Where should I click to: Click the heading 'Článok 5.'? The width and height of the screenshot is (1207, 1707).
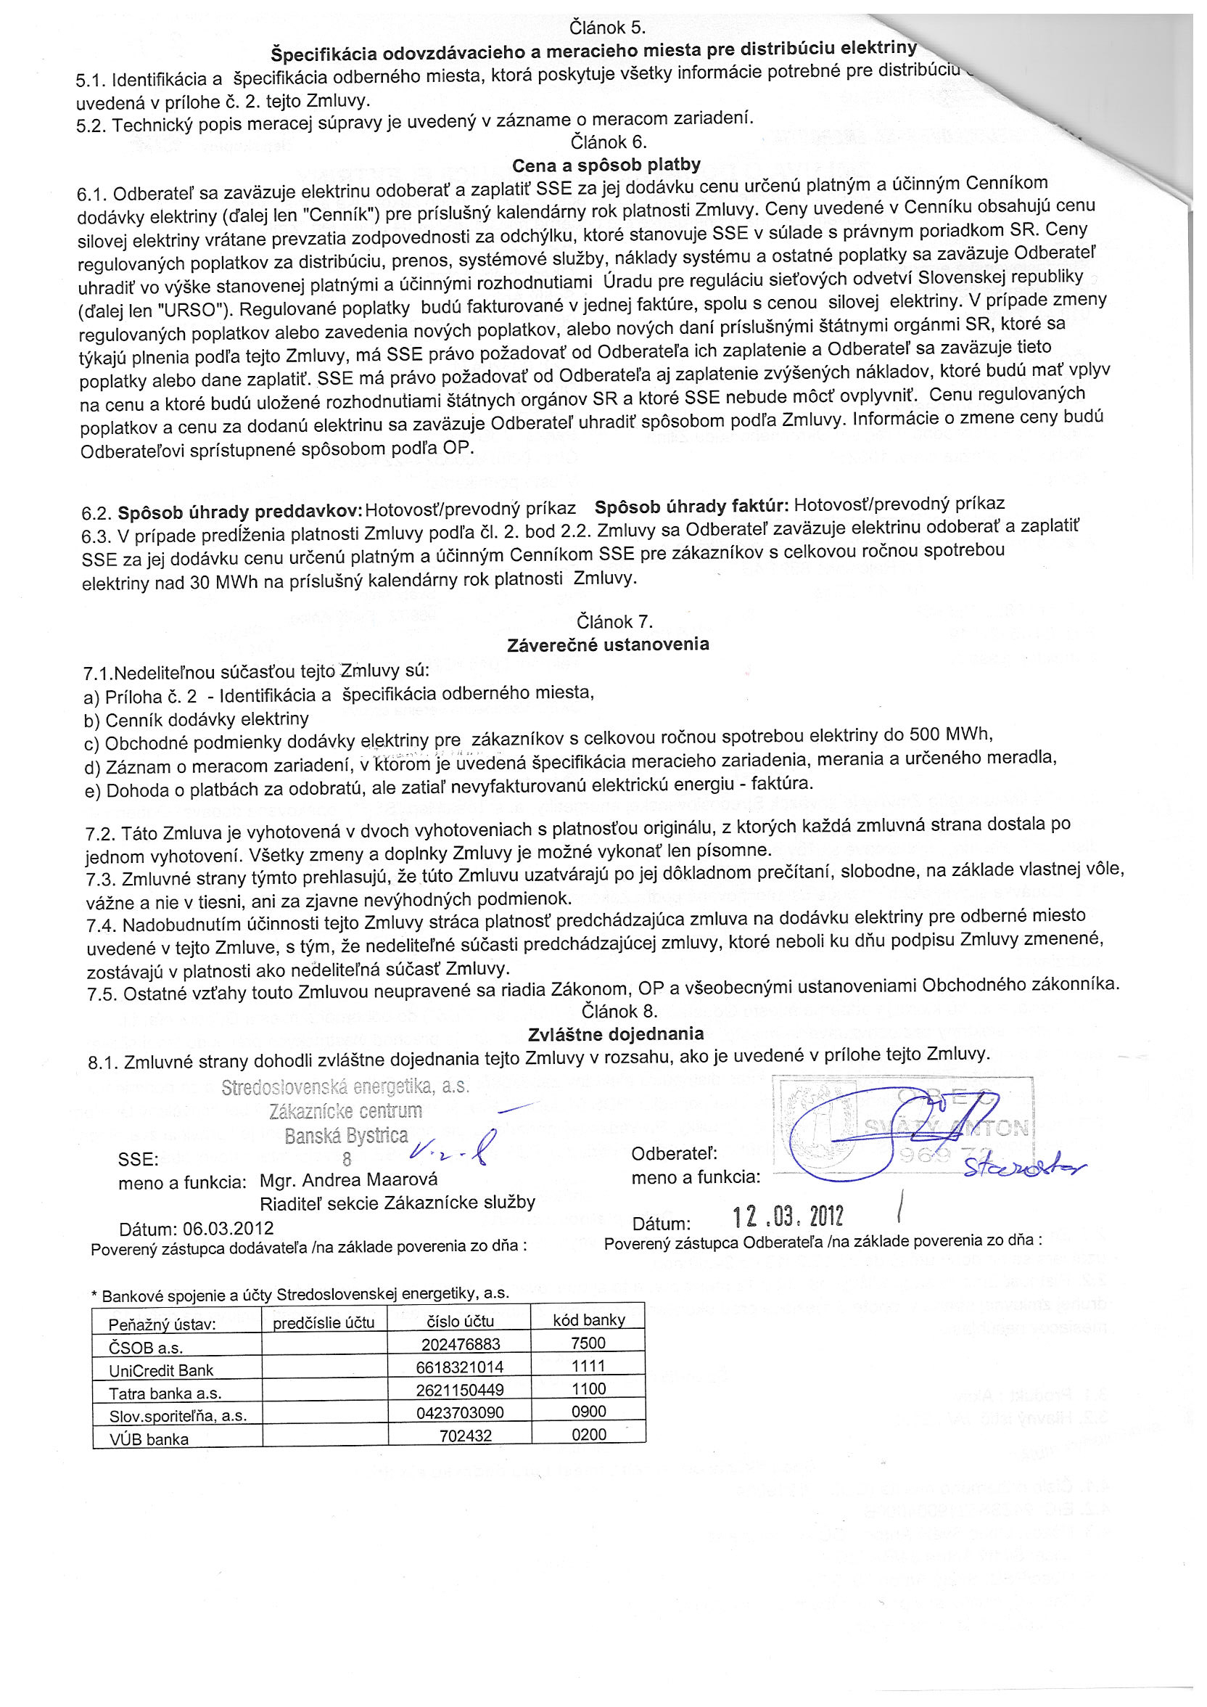pyautogui.click(x=606, y=28)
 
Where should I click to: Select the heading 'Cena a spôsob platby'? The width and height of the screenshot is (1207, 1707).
pyautogui.click(x=606, y=165)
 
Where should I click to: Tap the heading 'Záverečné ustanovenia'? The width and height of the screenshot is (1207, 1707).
pyautogui.click(x=608, y=644)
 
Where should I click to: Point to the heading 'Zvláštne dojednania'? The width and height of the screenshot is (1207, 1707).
pyautogui.click(x=615, y=1033)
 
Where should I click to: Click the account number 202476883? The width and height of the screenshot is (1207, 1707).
pyautogui.click(x=461, y=1343)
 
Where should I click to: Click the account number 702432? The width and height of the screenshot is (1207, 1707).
pyautogui.click(x=465, y=1435)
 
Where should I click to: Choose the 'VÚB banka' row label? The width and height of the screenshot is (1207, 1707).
pyautogui.click(x=149, y=1438)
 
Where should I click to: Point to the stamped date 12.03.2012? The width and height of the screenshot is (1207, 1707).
pyautogui.click(x=788, y=1216)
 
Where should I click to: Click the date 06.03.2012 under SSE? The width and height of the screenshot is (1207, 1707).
pyautogui.click(x=228, y=1227)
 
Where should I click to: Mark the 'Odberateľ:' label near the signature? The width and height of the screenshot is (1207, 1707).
pyautogui.click(x=674, y=1154)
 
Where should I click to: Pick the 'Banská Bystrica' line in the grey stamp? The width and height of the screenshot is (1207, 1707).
pyautogui.click(x=346, y=1135)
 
